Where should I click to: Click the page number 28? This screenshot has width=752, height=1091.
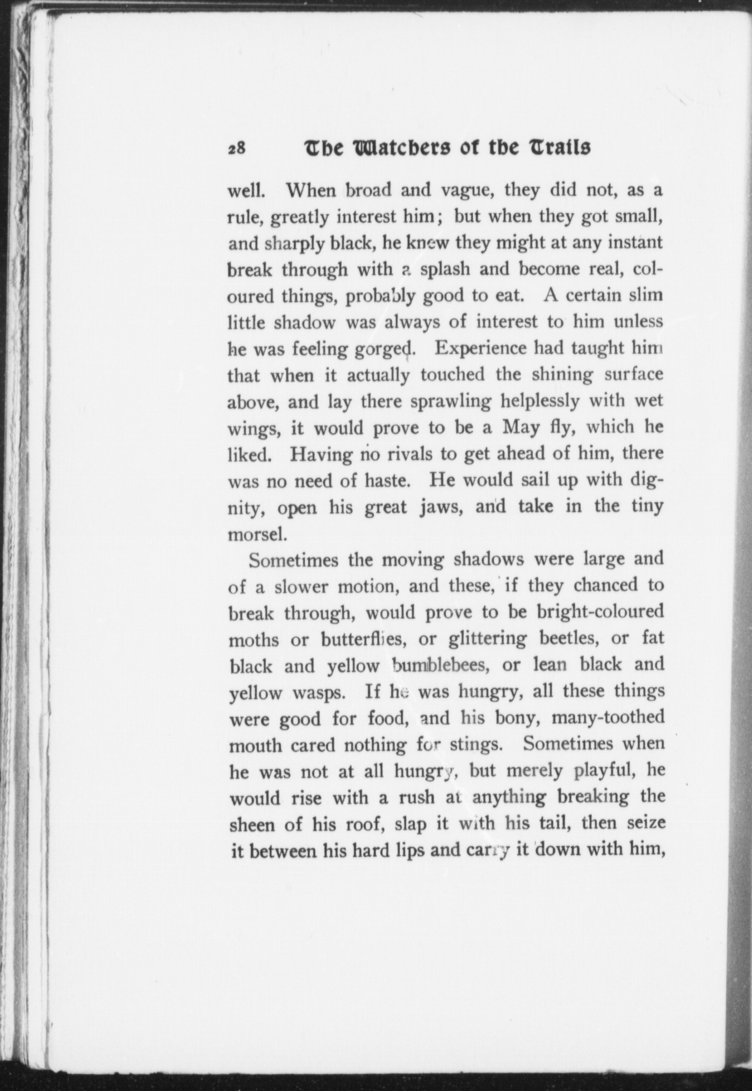click(x=236, y=149)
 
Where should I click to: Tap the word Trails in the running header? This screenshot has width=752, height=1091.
click(x=560, y=148)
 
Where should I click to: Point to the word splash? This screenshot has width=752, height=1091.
click(x=445, y=269)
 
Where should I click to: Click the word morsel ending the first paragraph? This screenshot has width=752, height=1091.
click(x=255, y=534)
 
